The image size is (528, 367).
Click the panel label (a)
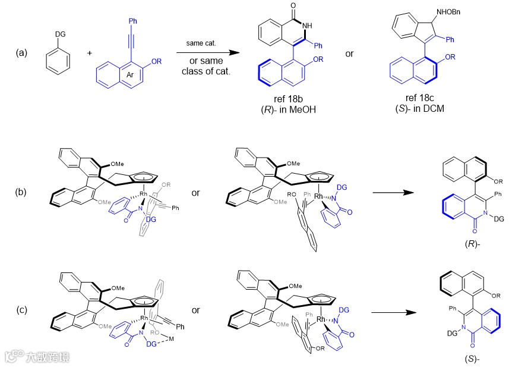(x=22, y=52)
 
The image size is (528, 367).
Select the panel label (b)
(x=22, y=193)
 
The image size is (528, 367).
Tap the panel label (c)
(x=22, y=311)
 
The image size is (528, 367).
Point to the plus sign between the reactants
(x=90, y=53)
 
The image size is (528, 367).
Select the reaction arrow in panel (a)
(x=207, y=52)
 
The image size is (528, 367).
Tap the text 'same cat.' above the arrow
(x=204, y=43)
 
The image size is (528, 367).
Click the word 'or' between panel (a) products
(x=349, y=54)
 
